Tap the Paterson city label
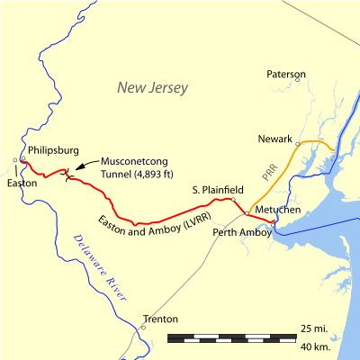pyautogui.click(x=287, y=74)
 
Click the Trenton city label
pyautogui.click(x=160, y=319)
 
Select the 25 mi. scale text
pyautogui.click(x=313, y=327)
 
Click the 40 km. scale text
pyautogui.click(x=313, y=346)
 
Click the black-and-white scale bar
pyautogui.click(x=232, y=338)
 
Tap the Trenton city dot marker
pyautogui.click(x=142, y=328)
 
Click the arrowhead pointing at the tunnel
pyautogui.click(x=76, y=167)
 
